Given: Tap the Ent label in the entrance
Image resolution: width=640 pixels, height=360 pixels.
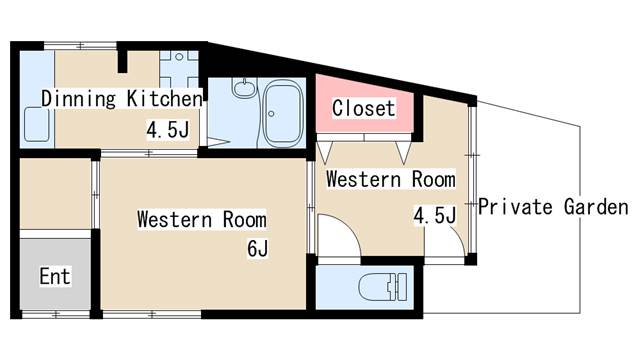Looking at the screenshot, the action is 55,276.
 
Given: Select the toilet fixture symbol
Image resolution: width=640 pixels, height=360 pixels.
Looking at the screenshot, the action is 383,287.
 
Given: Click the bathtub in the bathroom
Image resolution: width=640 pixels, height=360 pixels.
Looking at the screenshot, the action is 282,113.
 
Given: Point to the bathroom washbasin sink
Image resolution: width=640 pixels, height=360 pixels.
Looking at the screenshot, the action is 244,88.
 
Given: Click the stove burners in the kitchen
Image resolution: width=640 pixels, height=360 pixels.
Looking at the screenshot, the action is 179,68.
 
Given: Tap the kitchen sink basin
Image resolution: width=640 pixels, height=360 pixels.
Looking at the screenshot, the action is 37,124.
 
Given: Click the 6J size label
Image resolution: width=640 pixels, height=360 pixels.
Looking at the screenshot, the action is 258,249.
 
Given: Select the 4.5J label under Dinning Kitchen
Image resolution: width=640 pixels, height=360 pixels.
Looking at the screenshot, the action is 168,130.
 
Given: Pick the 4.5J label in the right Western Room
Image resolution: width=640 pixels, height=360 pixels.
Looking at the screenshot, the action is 435,215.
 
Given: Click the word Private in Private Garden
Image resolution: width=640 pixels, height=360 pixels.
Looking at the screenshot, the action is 515,207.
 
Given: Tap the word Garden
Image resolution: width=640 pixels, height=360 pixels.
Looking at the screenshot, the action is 596,207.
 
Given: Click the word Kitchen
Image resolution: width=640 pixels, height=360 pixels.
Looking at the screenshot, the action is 164,98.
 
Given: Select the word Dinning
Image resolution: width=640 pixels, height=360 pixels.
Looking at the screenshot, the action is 79,99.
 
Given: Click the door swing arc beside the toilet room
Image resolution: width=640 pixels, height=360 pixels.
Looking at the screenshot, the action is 340,235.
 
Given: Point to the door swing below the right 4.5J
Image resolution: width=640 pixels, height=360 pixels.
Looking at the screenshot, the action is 445,241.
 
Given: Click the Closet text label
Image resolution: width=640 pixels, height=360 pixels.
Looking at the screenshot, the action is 363,108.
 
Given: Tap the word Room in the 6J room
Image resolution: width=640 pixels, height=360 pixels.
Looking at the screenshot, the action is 244,220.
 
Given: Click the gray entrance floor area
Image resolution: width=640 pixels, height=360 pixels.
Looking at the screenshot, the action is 55,274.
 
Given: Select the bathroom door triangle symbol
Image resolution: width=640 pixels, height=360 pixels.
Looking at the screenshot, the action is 218,142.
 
